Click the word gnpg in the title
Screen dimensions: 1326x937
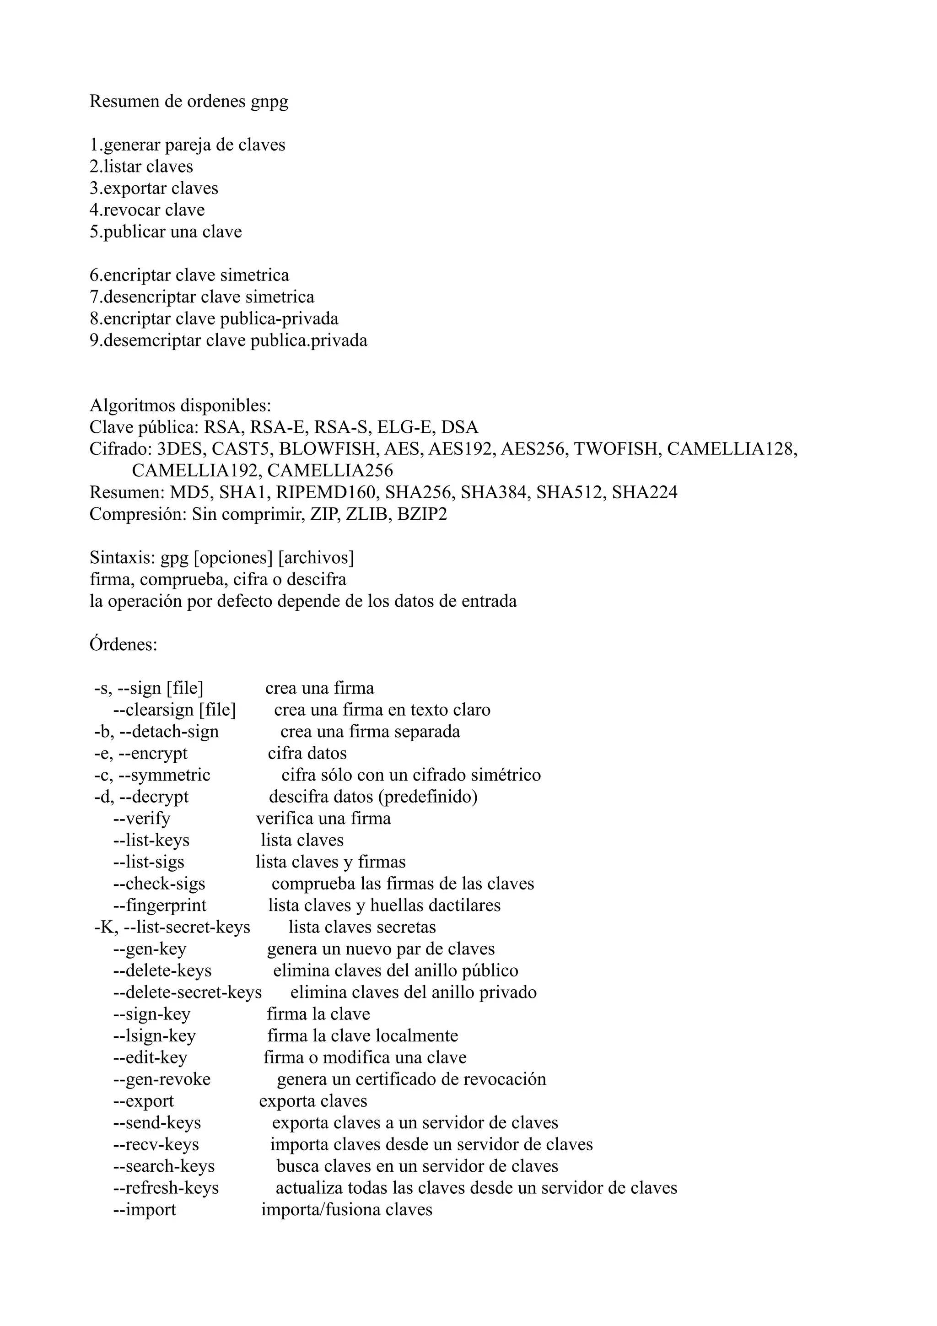point(269,102)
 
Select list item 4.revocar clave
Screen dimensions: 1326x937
point(147,210)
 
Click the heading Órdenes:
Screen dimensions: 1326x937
point(124,644)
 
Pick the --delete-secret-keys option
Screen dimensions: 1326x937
point(187,992)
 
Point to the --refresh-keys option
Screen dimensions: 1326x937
point(166,1187)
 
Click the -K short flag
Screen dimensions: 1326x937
point(106,927)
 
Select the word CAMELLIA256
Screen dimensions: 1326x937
point(330,471)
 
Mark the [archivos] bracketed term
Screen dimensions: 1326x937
point(316,558)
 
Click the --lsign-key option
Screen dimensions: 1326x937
point(154,1035)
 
